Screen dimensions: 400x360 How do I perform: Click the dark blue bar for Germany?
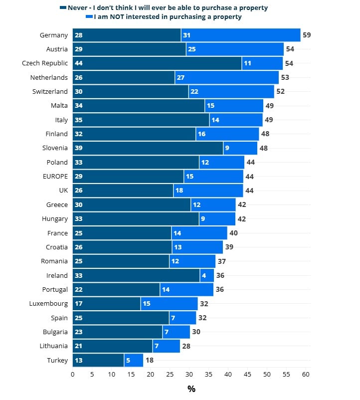127,35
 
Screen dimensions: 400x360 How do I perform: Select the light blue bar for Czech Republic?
262,63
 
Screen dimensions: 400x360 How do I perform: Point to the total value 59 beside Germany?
307,35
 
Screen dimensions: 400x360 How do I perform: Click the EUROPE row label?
55,176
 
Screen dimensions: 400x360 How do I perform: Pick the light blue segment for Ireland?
207,275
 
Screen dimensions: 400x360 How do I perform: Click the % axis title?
191,389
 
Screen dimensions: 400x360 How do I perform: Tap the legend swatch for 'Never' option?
63,8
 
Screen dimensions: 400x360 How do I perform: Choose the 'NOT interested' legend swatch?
89,16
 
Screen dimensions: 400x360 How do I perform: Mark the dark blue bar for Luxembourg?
106,304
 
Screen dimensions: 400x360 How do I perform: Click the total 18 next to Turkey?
149,360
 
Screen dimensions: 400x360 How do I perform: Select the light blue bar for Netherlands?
227,77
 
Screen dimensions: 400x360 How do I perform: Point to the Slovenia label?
54,148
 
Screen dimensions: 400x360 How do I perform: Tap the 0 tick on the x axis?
73,375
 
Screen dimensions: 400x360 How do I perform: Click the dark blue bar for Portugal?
116,289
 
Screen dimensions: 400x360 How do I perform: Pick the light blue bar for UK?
208,191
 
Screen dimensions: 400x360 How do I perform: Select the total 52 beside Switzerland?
280,92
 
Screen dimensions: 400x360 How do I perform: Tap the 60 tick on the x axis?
306,375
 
